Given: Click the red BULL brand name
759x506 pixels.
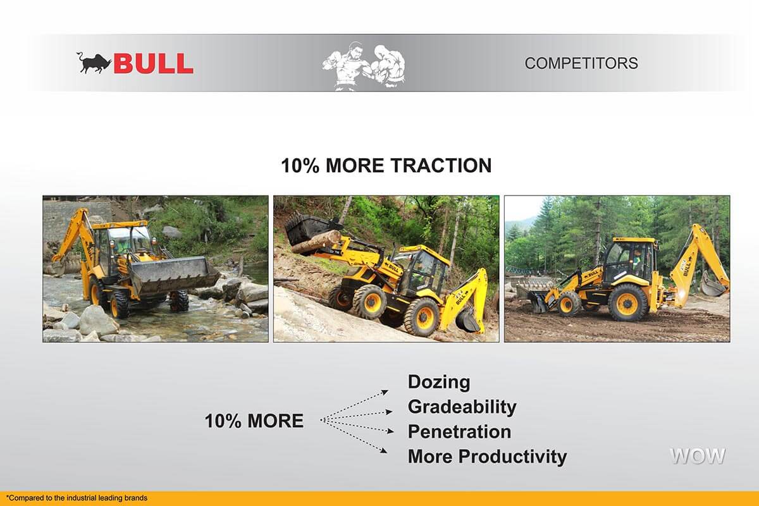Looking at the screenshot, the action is point(154,63).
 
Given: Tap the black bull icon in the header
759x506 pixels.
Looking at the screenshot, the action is point(94,63).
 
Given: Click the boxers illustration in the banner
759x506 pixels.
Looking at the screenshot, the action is point(364,67).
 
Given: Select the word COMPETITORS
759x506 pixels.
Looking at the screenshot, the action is point(581,63).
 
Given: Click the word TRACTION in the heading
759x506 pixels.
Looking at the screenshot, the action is point(441,166).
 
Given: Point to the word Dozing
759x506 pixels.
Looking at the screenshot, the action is point(439,382).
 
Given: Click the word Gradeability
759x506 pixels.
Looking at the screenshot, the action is point(462,407).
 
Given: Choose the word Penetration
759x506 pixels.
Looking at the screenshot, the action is point(459,431).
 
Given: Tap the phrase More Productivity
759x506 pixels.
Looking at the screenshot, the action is point(487,457).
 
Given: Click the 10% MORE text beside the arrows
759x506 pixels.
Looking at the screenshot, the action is point(254,421).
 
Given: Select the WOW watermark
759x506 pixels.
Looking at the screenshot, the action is point(698,456).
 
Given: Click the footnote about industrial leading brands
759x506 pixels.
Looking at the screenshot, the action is point(77,498).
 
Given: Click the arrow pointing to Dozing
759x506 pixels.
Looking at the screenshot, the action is point(354,405).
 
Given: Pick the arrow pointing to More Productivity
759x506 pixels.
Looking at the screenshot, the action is point(354,436).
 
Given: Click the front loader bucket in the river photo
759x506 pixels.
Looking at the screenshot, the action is point(173,275).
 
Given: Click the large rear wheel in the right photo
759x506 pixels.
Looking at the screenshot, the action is point(628,302).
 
